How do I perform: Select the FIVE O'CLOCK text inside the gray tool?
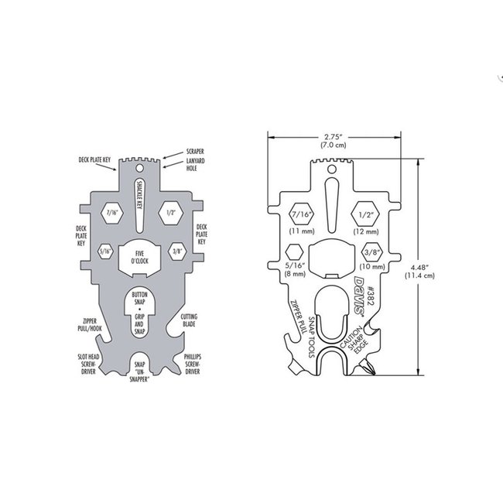pos(141,258)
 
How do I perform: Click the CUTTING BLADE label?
pos(192,320)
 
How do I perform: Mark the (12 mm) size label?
pos(366,231)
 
